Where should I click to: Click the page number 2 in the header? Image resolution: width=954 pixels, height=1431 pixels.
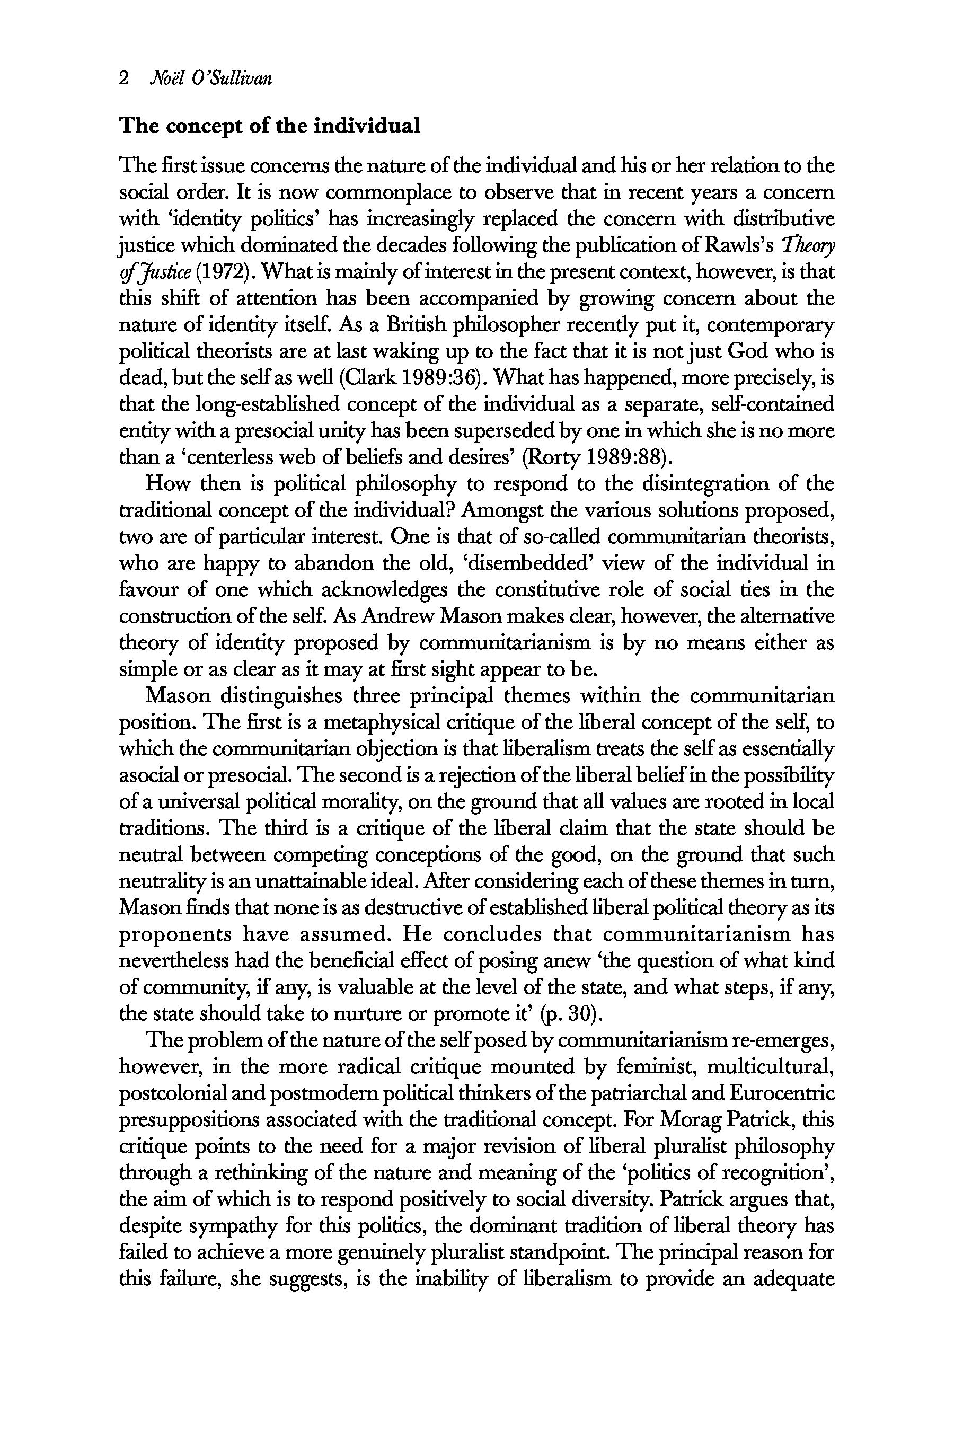[x=124, y=78]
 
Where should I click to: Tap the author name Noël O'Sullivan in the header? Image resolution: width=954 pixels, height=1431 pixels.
[x=210, y=78]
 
